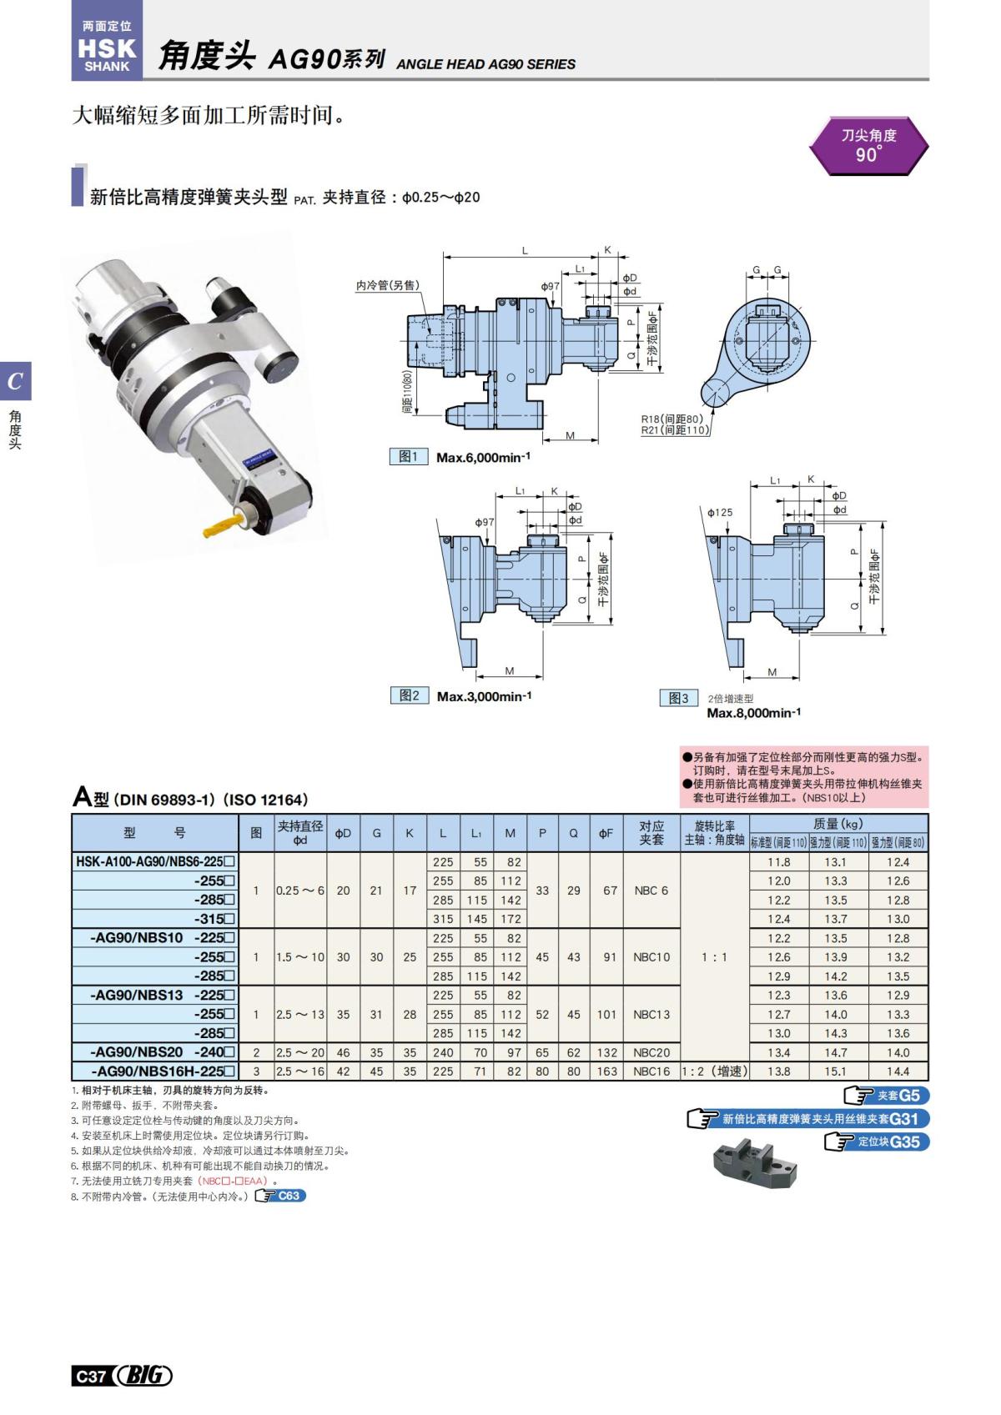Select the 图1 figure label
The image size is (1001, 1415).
tap(409, 457)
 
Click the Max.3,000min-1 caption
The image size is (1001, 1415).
tap(484, 696)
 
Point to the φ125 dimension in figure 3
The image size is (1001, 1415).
tap(720, 512)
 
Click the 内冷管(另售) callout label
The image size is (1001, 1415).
tap(388, 285)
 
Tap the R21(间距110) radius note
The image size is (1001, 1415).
tap(675, 430)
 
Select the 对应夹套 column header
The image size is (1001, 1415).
tap(651, 833)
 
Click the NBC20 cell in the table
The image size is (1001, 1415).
tap(651, 1052)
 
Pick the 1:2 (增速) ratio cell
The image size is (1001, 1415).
tap(715, 1071)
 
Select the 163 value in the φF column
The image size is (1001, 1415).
tap(606, 1071)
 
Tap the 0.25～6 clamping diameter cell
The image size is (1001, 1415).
tap(299, 891)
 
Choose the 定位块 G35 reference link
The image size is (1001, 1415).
tap(877, 1142)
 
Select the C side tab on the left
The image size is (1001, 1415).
tap(15, 382)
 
